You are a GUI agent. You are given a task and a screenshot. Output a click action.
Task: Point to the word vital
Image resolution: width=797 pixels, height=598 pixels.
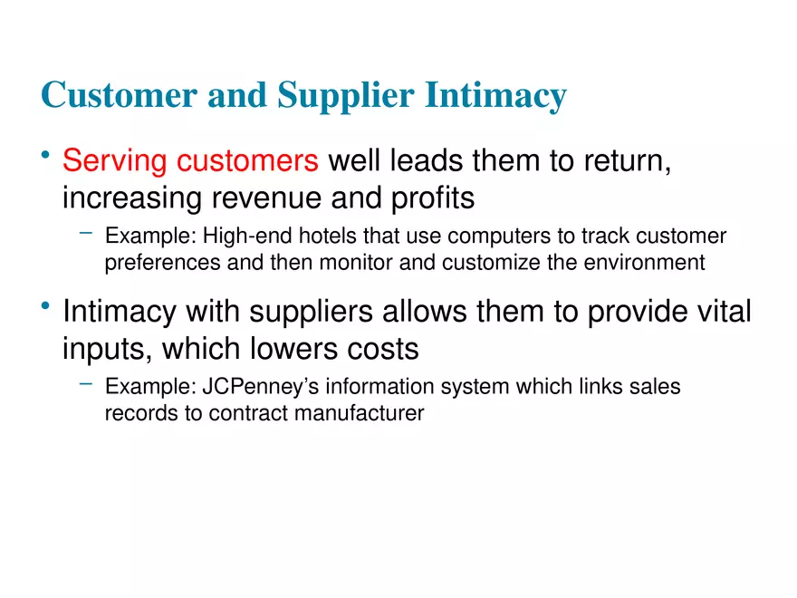719,312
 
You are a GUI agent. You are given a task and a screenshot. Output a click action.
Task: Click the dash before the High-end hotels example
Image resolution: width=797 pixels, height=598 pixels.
86,235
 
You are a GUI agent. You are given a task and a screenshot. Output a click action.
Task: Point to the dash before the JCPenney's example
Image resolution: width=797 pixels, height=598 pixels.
86,385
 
